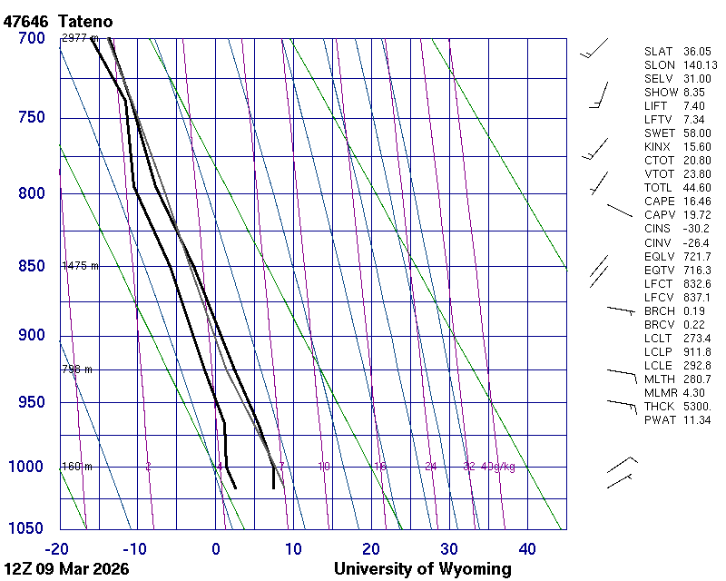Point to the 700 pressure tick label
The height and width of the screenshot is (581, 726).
[x=31, y=38]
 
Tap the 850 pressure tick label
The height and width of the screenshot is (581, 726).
[x=31, y=266]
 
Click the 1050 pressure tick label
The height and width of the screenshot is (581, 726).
[x=27, y=528]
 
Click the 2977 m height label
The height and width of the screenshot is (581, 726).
[x=80, y=38]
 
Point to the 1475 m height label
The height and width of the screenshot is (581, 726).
[x=80, y=266]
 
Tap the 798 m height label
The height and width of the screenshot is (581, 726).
[x=77, y=369]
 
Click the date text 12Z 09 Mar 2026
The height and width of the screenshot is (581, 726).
[x=66, y=569]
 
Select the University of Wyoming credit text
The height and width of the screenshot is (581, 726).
[x=422, y=569]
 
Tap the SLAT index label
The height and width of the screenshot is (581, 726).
[x=659, y=52]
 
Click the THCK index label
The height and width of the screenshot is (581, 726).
[x=659, y=406]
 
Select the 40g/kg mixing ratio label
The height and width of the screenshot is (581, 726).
[x=499, y=467]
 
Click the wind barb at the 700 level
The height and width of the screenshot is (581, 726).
[x=594, y=51]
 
